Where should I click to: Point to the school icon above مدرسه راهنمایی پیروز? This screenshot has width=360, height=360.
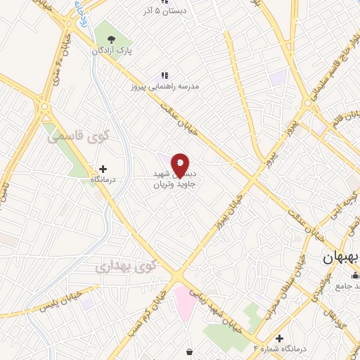pyautogui.click(x=165, y=75)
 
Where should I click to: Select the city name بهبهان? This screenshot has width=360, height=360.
pyautogui.click(x=340, y=258)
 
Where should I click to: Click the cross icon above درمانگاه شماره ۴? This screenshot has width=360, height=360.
pyautogui.click(x=280, y=338)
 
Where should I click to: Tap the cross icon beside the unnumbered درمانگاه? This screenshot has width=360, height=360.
pyautogui.click(x=103, y=169)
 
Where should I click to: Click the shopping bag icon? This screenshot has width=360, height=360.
pyautogui.click(x=190, y=352)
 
